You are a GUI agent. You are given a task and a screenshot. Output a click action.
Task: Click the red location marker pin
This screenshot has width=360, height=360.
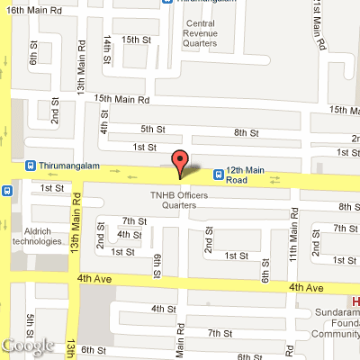[180, 163]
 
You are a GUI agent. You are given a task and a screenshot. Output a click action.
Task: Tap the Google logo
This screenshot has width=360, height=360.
[27, 345]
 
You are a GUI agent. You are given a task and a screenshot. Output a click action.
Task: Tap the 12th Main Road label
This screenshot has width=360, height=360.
[248, 175]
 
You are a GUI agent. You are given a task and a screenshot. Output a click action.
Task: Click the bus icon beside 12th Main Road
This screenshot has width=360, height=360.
[218, 173]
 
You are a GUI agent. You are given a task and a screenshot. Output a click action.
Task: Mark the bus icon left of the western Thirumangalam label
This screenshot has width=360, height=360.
[31, 166]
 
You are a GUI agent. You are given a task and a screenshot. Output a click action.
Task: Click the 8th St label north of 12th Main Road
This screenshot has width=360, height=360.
[246, 132]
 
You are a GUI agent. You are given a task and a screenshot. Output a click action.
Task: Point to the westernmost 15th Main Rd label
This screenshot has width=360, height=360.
[121, 99]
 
